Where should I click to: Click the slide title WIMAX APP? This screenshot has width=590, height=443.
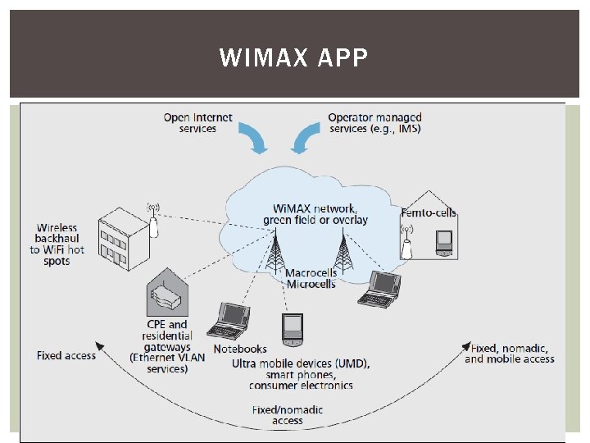click(x=294, y=57)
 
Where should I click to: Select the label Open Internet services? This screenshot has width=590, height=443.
click(x=197, y=123)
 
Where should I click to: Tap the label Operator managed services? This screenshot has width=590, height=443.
click(x=374, y=123)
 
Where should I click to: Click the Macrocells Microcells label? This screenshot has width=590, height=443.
click(x=311, y=278)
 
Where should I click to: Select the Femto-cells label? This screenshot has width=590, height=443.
click(x=429, y=213)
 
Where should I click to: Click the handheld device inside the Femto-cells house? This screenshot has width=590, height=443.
click(x=443, y=241)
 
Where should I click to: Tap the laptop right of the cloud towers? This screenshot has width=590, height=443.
click(x=378, y=288)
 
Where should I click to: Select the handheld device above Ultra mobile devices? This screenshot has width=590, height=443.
click(x=292, y=330)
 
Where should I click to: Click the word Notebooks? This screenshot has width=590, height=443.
click(x=240, y=349)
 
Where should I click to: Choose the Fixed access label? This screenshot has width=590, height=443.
click(x=66, y=355)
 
